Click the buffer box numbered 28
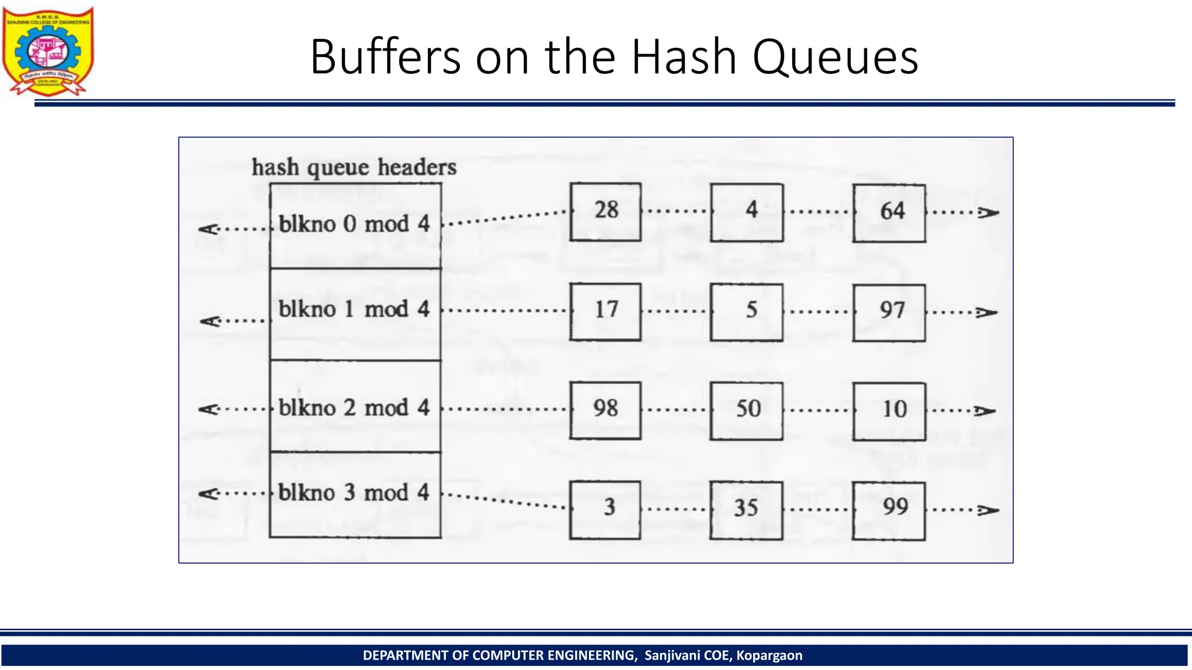coord(605,212)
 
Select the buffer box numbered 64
coord(889,213)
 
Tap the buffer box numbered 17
coord(605,312)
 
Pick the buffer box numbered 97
coord(889,312)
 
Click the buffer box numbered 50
coord(746,411)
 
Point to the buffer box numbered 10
coord(889,411)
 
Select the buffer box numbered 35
coord(746,510)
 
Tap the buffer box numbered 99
coord(889,511)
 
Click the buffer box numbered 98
coord(605,410)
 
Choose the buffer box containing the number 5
coord(746,312)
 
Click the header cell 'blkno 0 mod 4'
coord(355,226)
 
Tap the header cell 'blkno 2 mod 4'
coord(355,407)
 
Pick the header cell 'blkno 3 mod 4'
coord(355,494)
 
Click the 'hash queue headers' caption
coord(354,167)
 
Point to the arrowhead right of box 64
coord(988,213)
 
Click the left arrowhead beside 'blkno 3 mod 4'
coord(208,494)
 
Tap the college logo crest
coord(48,51)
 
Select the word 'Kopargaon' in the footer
coord(769,655)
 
